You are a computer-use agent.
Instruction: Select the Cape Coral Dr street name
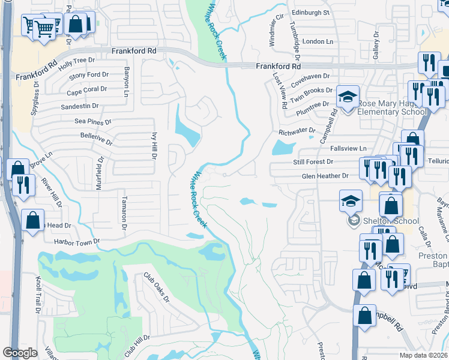tap(86, 90)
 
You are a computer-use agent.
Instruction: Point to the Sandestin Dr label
tap(79, 106)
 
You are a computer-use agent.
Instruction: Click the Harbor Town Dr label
tap(76, 241)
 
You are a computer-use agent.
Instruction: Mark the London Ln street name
tap(318, 41)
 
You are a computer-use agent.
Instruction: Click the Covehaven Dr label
tap(310, 76)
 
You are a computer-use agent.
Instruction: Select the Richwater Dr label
tap(297, 130)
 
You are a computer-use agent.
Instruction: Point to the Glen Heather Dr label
tap(325, 176)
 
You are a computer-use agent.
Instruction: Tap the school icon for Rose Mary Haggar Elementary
tap(348, 96)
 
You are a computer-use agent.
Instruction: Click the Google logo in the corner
tap(20, 352)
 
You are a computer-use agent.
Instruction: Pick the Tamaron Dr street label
tap(124, 214)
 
